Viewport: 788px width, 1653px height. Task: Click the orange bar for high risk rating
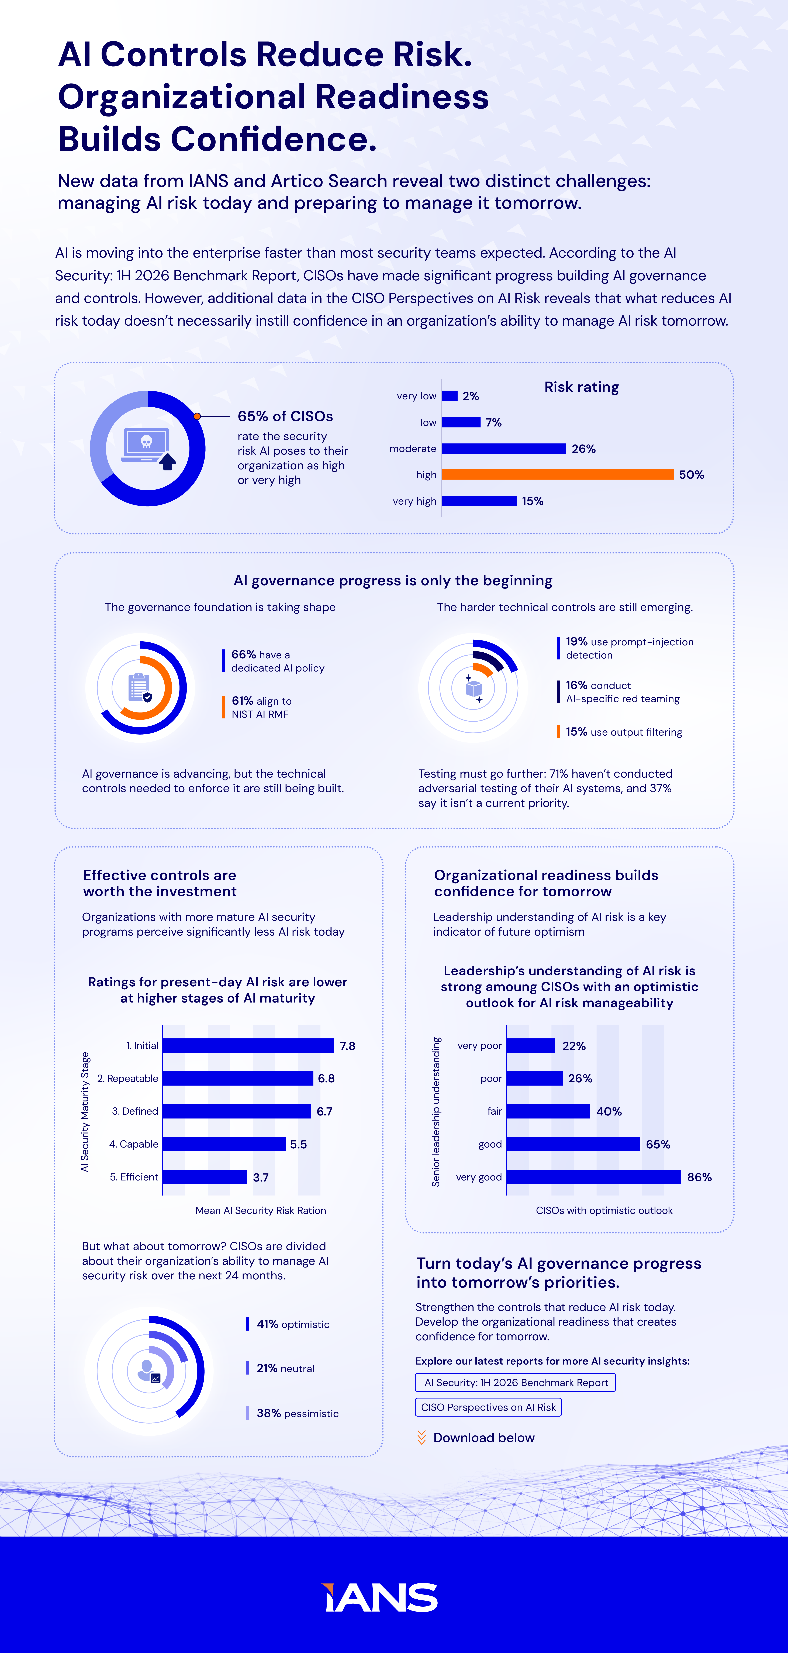coord(558,474)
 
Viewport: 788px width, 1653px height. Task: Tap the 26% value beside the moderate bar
coord(583,449)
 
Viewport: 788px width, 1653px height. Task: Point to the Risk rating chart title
coord(581,387)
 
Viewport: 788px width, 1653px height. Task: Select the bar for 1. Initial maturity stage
coord(248,1045)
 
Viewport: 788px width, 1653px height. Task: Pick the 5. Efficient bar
coord(205,1177)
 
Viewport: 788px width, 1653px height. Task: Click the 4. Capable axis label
coord(133,1144)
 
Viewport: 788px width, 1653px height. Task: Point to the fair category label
coord(495,1111)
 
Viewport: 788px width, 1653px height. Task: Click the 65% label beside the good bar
coord(658,1144)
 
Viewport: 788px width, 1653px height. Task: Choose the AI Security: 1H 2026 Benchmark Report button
coord(515,1382)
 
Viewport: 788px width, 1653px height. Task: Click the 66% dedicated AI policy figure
coord(243,655)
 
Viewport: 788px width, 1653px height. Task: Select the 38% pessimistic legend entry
coord(297,1413)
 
